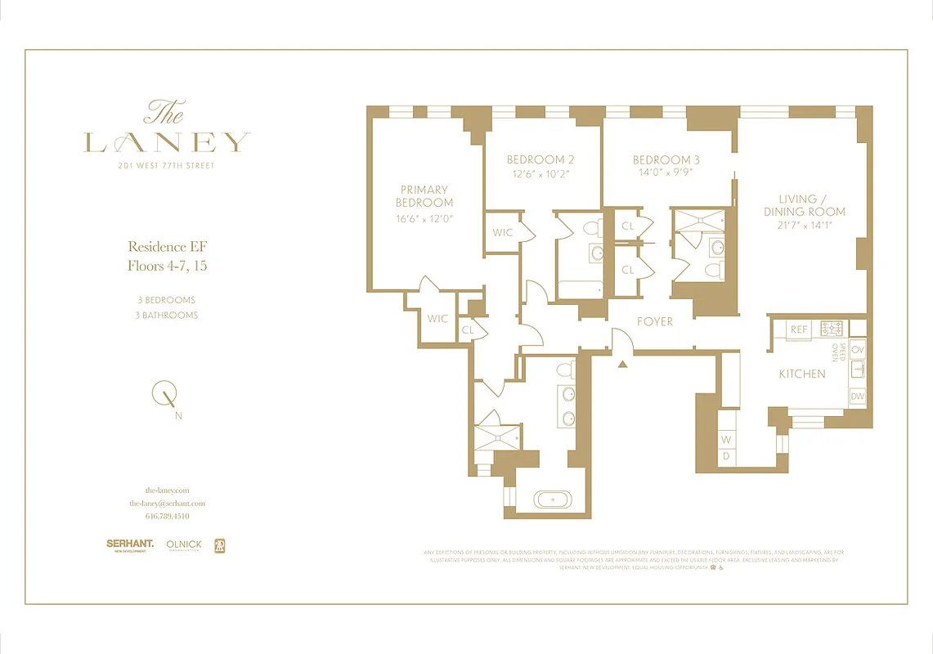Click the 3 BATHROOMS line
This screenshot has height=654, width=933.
click(x=167, y=315)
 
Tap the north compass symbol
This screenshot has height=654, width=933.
click(x=166, y=396)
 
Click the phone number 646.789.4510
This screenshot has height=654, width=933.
click(x=167, y=517)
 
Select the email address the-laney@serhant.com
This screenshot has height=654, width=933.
click(x=167, y=504)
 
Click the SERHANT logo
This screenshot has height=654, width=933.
click(x=129, y=544)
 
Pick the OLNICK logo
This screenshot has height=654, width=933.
click(x=184, y=544)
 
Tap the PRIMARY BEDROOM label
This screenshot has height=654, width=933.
click(x=424, y=196)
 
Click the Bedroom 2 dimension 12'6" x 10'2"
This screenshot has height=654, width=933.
click(x=540, y=174)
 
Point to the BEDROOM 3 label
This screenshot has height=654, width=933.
click(x=666, y=160)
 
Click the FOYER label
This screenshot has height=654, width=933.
click(x=655, y=321)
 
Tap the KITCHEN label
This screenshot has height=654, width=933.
click(x=801, y=374)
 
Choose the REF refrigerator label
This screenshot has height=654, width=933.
click(x=799, y=329)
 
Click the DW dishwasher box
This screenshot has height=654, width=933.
click(x=857, y=396)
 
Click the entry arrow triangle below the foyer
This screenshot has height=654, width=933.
click(x=622, y=364)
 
